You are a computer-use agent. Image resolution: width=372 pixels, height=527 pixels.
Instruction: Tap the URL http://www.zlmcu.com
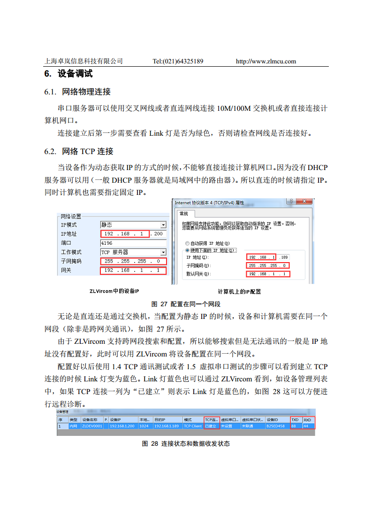266,61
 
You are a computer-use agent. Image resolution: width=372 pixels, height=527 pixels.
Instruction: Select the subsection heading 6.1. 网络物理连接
77,92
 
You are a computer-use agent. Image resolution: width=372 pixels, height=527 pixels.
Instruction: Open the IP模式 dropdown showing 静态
133,225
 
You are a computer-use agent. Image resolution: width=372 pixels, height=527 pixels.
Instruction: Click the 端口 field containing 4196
133,243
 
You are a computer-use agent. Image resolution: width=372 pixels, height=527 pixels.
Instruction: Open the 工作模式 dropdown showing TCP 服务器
133,252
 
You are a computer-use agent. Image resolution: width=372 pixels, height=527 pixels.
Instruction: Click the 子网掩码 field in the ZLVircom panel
133,261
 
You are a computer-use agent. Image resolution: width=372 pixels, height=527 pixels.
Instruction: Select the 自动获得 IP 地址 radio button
188,243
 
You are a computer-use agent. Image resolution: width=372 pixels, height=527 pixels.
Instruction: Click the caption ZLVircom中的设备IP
114,291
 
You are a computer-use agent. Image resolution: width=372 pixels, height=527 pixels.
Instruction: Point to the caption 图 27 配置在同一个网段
185,304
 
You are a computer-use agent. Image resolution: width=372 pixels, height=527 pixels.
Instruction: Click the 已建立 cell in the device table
212,426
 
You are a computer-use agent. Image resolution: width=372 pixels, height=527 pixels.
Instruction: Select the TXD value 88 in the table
295,426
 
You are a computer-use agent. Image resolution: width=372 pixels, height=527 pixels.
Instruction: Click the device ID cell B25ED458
276,426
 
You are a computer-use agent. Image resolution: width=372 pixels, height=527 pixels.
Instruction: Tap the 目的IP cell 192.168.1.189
167,426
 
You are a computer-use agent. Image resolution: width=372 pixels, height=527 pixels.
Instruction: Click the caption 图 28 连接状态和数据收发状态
186,443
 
